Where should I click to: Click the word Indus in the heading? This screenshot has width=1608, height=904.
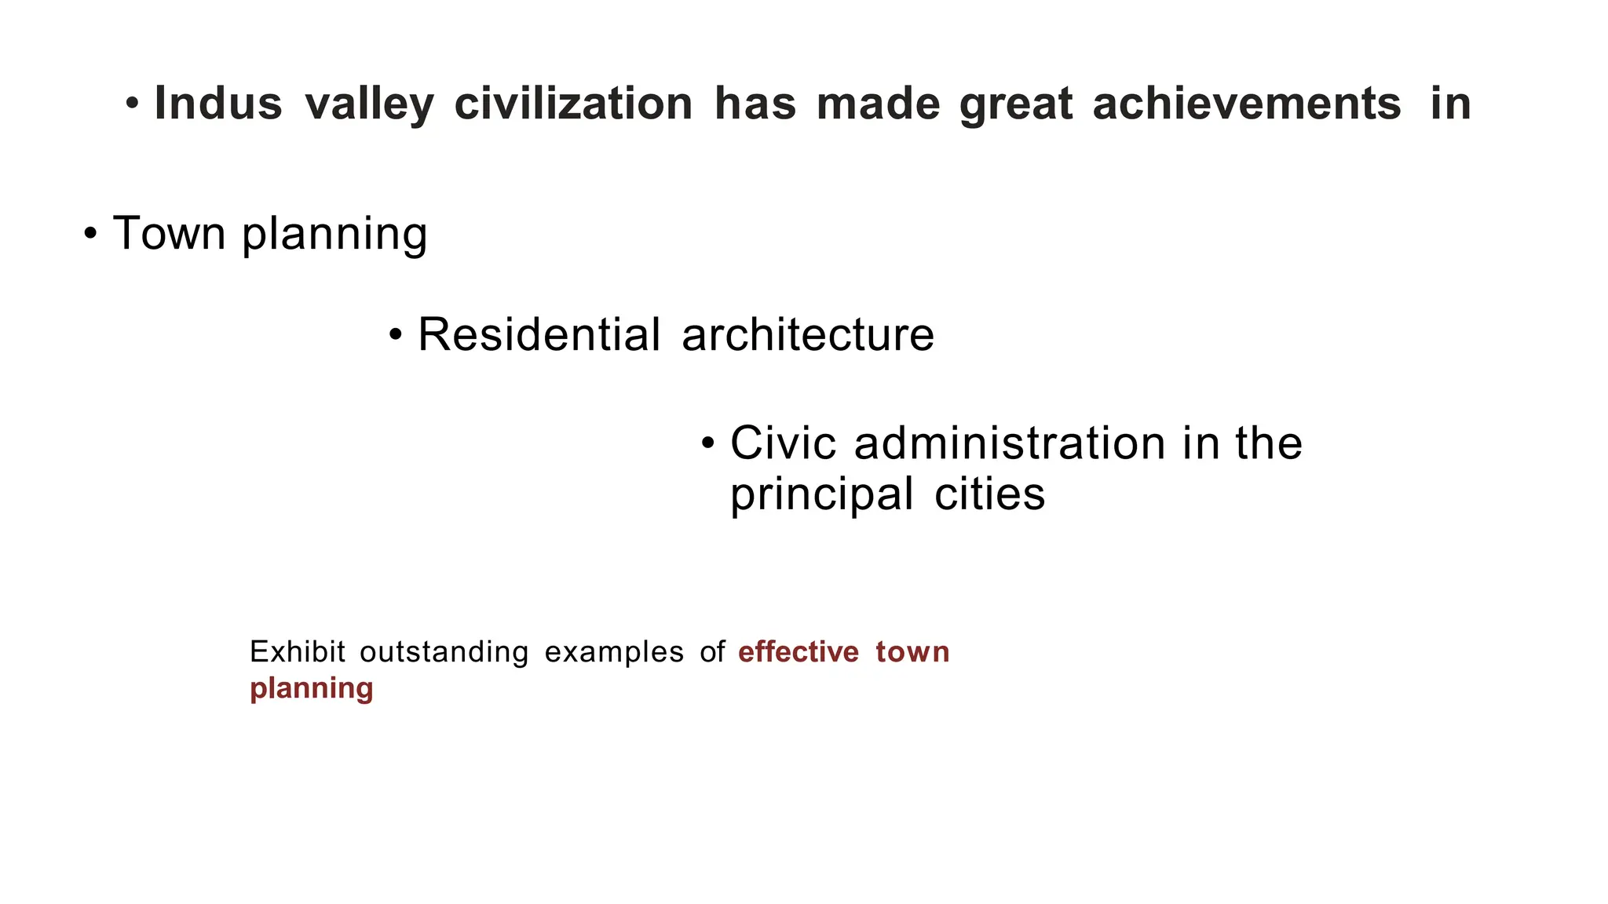[218, 104]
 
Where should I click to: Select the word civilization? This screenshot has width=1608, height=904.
[573, 104]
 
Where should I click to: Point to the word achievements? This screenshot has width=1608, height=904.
[1246, 104]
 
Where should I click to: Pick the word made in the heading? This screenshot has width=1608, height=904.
[878, 104]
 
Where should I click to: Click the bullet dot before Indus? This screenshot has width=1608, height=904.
[133, 104]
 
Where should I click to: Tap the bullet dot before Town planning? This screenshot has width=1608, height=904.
[91, 233]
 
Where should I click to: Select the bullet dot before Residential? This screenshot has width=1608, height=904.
[396, 335]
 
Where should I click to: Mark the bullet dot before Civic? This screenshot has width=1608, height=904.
[708, 443]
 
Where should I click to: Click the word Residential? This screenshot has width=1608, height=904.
[539, 335]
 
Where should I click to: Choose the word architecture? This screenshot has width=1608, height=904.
[808, 335]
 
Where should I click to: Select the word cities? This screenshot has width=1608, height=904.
[989, 494]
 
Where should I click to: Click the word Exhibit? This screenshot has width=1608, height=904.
[298, 652]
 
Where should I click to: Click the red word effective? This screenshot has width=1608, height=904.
[799, 652]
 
